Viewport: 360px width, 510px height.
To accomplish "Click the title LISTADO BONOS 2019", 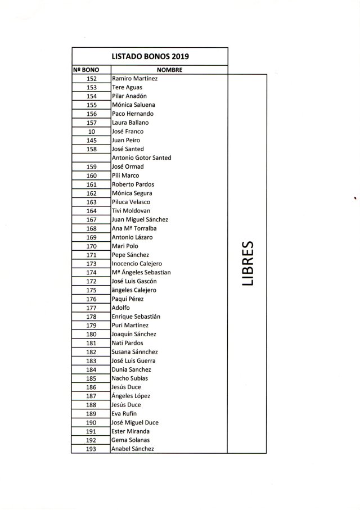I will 149,56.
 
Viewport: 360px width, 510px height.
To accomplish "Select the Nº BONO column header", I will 86,70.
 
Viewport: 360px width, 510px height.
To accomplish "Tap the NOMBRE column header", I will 169,70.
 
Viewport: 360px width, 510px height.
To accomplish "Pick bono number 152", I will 92,79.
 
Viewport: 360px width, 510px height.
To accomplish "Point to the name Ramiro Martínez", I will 135,79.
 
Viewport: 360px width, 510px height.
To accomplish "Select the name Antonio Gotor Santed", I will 142,158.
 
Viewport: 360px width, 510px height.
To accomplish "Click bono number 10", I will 92,132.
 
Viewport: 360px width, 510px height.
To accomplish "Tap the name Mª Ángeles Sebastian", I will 141,273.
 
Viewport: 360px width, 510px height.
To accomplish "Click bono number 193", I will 92,449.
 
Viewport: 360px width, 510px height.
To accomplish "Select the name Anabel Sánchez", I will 133,449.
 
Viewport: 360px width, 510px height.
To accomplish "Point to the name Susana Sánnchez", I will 134,352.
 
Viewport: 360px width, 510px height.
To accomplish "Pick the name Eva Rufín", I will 124,414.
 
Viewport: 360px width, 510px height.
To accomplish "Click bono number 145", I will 92,140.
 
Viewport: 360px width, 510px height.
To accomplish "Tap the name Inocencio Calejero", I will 137,264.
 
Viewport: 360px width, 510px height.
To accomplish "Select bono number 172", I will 92,281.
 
